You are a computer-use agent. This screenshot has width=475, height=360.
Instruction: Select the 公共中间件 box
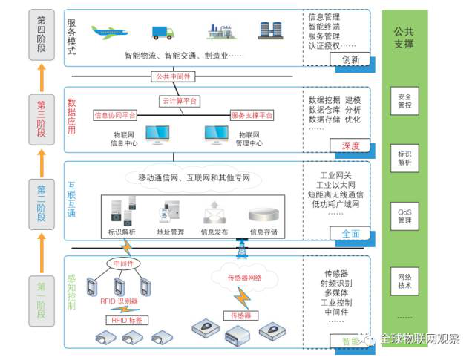click(173, 76)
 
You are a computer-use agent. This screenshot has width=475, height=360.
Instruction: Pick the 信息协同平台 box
click(116, 116)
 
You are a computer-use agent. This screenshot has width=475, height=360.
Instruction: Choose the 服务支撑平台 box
click(252, 116)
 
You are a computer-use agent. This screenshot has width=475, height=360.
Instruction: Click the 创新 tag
click(351, 60)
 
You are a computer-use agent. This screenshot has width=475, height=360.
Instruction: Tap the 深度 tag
click(351, 145)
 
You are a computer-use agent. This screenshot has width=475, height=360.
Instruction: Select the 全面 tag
click(351, 233)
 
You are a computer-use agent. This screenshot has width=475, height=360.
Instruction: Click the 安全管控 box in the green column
click(404, 101)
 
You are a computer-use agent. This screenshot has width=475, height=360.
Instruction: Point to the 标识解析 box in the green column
click(404, 157)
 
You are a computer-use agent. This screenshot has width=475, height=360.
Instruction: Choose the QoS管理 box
click(404, 216)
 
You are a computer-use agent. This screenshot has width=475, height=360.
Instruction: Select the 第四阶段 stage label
click(41, 33)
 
